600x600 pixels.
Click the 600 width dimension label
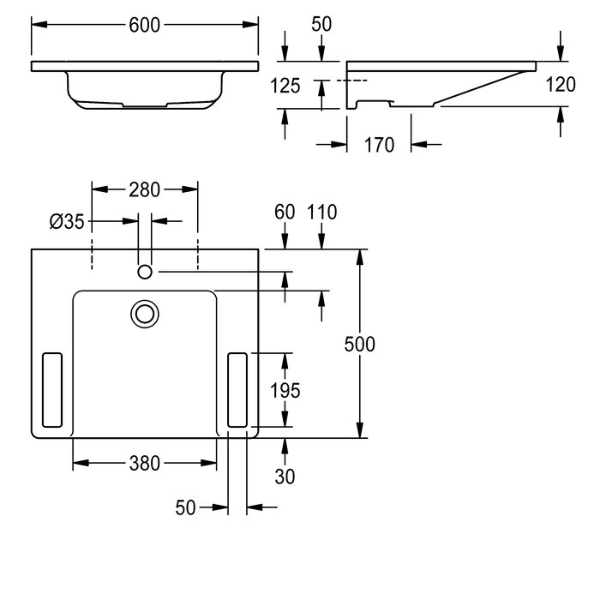(144, 25)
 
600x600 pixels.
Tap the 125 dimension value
(285, 86)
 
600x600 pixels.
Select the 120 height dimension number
(561, 85)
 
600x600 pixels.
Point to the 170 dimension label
(379, 145)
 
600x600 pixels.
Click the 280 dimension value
(144, 190)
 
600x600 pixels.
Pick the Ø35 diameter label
(67, 221)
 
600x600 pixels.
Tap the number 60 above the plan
(285, 212)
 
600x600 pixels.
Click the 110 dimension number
(321, 212)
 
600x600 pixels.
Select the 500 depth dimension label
(360, 344)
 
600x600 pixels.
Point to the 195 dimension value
(285, 391)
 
